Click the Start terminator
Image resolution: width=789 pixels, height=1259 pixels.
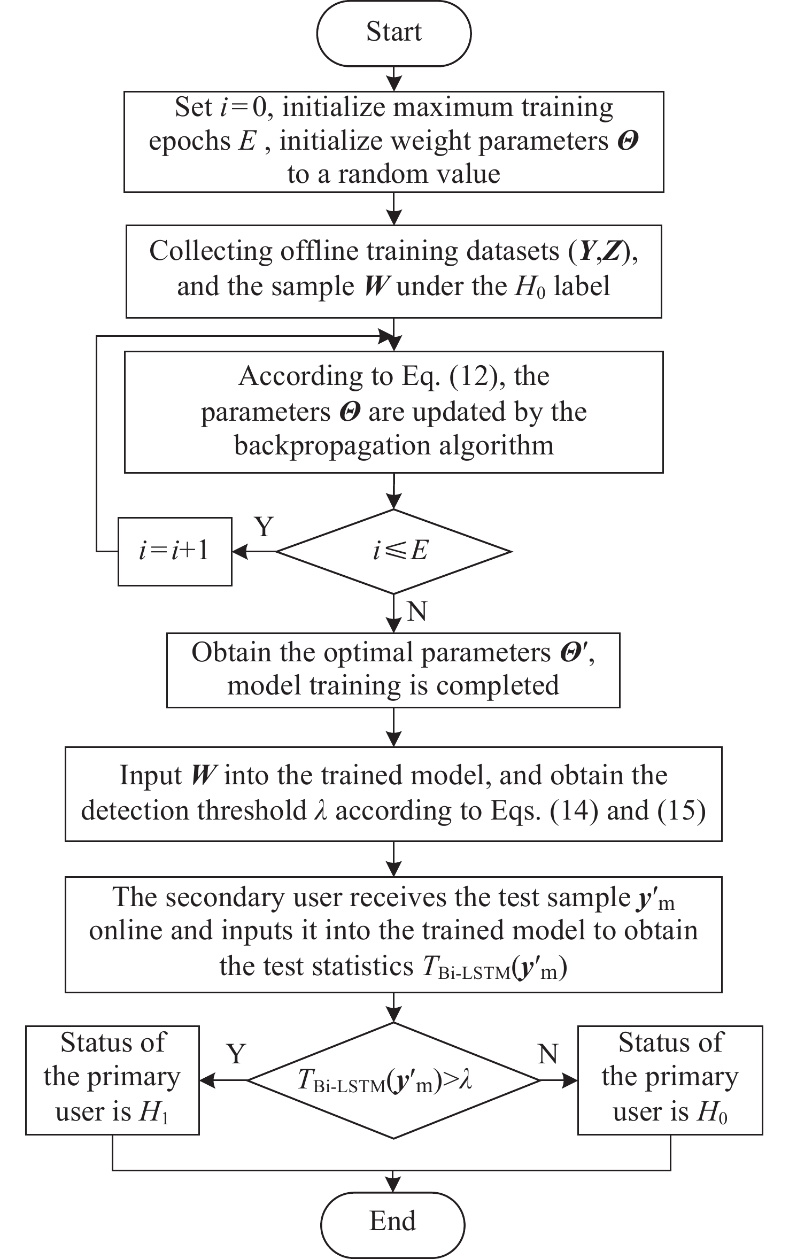[394, 33]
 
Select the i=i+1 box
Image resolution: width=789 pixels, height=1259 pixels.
[175, 551]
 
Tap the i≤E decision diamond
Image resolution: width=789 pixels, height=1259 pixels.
[394, 551]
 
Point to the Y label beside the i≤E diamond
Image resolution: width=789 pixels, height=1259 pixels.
[264, 528]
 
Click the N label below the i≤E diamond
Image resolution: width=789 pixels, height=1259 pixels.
[416, 611]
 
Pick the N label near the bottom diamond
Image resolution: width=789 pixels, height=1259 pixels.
[548, 1054]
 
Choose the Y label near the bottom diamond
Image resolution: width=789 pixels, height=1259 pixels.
[236, 1054]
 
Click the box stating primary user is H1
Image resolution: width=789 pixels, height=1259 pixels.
[112, 1080]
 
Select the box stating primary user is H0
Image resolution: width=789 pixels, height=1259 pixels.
[670, 1080]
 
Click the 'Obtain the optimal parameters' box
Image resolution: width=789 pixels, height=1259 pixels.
[393, 670]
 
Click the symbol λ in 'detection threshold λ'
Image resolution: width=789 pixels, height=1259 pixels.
[320, 811]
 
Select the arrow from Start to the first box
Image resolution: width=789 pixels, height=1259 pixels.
[394, 79]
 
